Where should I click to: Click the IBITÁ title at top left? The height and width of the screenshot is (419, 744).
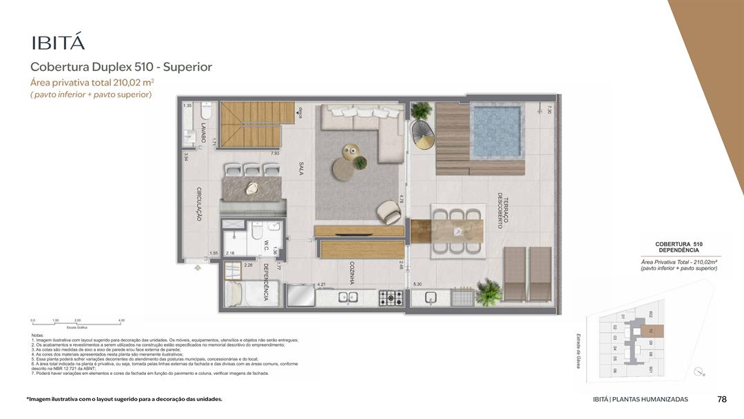(58, 43)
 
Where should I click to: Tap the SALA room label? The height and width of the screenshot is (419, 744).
(301, 169)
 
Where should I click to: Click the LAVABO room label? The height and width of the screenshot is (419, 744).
(203, 132)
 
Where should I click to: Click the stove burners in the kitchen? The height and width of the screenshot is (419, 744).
(391, 298)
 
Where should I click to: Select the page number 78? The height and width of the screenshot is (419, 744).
(721, 399)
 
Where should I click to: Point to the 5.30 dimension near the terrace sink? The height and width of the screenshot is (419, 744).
(417, 284)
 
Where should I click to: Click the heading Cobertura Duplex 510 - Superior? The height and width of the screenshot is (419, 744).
(121, 67)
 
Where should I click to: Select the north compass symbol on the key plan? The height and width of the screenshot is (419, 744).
(700, 372)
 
